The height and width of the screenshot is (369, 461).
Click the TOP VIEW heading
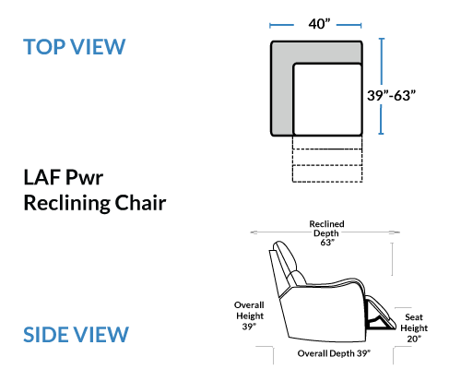[75, 47]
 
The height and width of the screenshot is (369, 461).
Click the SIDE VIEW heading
[76, 335]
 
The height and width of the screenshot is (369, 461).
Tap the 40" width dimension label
[319, 24]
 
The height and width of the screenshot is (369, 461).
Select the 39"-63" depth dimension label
[391, 95]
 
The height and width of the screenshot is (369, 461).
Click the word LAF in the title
[41, 177]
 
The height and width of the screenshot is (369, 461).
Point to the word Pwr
[85, 177]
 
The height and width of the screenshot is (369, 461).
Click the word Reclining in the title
[66, 203]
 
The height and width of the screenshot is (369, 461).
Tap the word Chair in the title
[140, 203]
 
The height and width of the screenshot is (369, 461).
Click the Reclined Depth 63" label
[326, 233]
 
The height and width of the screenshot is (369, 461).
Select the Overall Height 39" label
[249, 315]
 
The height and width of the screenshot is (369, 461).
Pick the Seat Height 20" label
[414, 327]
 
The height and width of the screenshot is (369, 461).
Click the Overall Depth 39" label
[334, 353]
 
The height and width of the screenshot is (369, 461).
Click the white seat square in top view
[327, 100]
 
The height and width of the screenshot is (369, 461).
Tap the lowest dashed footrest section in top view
[327, 173]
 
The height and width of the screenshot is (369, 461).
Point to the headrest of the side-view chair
[287, 256]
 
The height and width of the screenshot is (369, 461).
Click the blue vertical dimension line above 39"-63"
[382, 61]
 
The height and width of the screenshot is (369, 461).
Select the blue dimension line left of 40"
[281, 25]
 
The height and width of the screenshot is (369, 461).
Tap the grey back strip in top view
[316, 52]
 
